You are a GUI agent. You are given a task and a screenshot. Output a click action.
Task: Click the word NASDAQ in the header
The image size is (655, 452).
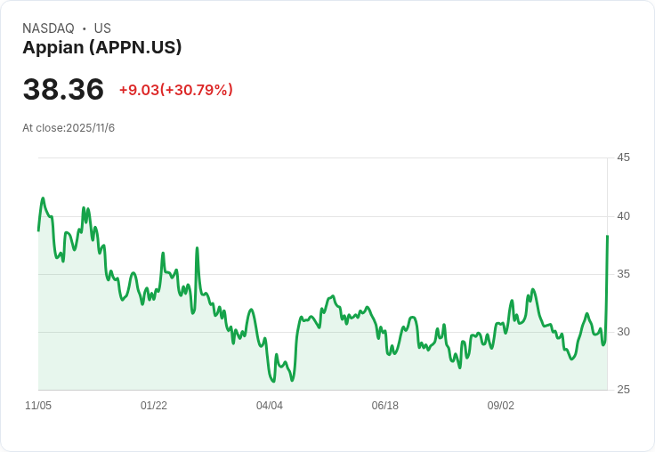[48, 28]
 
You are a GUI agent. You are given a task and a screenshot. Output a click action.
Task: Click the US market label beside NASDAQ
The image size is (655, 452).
[102, 28]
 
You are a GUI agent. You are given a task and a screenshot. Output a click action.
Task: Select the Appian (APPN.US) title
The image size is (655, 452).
[102, 48]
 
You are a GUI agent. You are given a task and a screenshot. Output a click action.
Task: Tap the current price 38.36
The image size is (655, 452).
[63, 90]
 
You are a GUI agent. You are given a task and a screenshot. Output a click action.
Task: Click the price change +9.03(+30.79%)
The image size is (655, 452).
[175, 90]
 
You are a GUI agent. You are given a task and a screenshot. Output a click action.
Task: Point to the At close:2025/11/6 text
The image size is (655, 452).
[69, 128]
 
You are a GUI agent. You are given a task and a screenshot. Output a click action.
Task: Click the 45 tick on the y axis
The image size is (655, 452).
[623, 157]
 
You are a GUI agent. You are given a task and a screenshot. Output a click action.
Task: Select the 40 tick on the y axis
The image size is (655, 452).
[623, 216]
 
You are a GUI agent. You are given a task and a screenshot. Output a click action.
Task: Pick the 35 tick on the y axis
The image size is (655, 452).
[623, 274]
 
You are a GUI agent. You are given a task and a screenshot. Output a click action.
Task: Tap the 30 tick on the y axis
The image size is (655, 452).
[623, 332]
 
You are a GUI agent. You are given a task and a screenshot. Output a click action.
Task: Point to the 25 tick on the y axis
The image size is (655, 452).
[623, 390]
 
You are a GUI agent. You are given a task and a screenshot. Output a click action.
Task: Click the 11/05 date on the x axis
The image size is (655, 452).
[38, 406]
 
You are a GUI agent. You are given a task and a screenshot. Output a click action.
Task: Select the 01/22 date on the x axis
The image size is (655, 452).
[154, 406]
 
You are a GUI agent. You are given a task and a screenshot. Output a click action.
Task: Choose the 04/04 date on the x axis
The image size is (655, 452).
[270, 406]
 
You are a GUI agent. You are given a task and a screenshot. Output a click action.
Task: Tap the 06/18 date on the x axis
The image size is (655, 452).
[385, 406]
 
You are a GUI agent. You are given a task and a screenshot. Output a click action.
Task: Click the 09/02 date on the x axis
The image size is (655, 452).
[501, 406]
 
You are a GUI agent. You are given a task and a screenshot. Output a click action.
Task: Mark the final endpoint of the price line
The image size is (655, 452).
[607, 236]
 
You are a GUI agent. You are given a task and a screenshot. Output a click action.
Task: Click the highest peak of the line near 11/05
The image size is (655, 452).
[43, 198]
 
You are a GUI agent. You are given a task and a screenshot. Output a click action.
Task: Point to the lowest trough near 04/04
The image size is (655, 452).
[272, 381]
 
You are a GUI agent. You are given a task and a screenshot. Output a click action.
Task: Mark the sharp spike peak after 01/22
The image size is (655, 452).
[197, 248]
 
